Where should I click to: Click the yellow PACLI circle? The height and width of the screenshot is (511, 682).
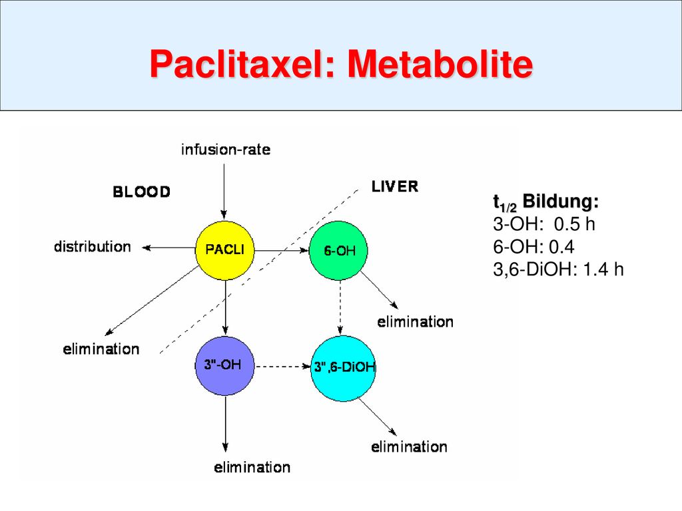coord(225,250)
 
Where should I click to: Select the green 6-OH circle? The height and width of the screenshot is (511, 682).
coord(338,251)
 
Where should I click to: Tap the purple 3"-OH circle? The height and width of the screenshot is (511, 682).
coord(224,365)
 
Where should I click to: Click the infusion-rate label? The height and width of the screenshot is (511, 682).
coord(226,150)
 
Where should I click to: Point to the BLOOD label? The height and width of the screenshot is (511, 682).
coord(141,192)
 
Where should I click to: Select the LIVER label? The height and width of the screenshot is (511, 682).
coord(395,186)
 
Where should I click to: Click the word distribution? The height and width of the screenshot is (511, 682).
coord(92,246)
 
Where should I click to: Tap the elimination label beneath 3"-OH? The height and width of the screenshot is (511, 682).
coord(252,467)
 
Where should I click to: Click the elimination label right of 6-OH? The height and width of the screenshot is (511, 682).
coord(416,321)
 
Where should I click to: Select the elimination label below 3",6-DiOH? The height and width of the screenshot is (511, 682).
coord(410,446)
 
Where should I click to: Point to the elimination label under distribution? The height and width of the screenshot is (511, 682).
coord(101,349)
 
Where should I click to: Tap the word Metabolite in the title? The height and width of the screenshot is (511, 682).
coord(440,64)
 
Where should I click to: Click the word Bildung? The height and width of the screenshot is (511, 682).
coord(561,201)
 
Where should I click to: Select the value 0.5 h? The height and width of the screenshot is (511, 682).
coord(575,224)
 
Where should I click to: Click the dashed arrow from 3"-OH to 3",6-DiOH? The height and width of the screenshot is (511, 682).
coord(282,367)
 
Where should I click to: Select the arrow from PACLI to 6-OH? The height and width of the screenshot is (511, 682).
coord(282,251)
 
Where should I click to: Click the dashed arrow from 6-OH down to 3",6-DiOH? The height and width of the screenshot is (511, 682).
coord(340,307)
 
